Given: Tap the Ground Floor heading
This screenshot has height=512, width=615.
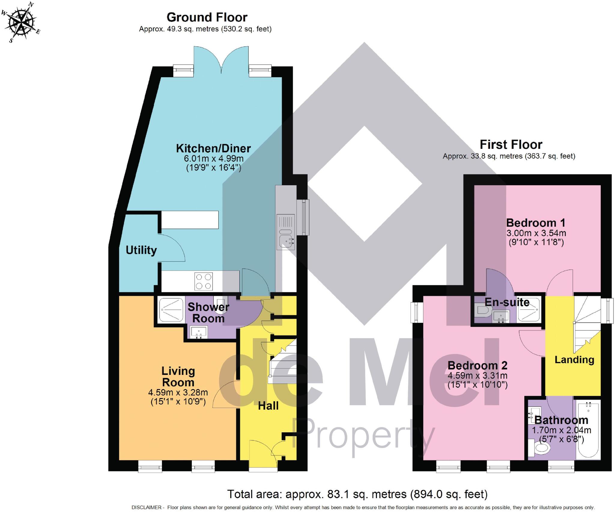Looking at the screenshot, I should [207, 17].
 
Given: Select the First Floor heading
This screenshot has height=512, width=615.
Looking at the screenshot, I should [511, 145].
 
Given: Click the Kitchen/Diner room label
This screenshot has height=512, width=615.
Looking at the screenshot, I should [213, 149].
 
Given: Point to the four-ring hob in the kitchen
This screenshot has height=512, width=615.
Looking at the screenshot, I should [203, 281].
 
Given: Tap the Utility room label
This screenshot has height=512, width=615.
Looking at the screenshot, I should [141, 250].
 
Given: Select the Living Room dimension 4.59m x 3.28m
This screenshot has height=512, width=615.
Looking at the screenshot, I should [178, 392].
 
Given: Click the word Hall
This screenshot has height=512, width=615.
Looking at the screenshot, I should [268, 406].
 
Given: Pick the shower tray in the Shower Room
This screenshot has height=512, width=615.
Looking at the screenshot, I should [171, 309].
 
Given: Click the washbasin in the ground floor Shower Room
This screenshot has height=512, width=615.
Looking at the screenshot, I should [198, 333].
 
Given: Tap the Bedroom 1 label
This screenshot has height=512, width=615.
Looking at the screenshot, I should [536, 223].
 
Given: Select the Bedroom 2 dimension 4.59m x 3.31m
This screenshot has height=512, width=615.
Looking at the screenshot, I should [477, 376].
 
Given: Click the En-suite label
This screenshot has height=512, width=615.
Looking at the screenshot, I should [507, 302].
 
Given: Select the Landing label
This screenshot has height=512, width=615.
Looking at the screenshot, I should [574, 360].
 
